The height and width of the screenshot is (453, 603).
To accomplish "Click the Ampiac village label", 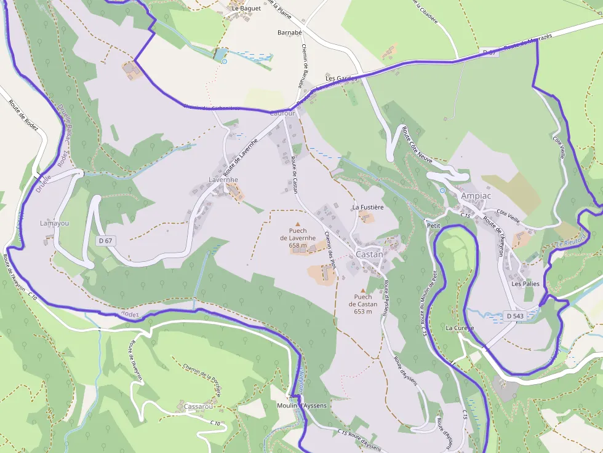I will pos(476,195).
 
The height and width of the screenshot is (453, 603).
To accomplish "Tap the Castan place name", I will pos(369,254).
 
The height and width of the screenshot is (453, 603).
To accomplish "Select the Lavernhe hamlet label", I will pos(223,179).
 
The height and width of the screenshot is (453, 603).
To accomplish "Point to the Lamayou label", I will pos(54,223).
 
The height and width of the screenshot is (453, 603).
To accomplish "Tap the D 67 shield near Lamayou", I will pos(105,240).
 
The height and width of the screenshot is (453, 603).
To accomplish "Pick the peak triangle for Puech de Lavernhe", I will pos(298,224).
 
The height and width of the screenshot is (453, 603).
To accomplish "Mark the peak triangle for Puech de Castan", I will pos(363,290).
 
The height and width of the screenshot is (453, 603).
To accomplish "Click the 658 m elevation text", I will pos(298,245).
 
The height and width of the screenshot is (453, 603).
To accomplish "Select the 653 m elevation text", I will pos(363,312).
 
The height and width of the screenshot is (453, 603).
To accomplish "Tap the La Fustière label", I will pos(368,207).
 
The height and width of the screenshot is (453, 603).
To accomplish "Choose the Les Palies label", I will pos(525,284).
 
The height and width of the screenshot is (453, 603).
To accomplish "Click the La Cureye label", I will pos(460,328).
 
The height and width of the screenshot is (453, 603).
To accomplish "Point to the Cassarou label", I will pos(198,407).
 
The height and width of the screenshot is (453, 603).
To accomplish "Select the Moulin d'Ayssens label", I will pos(301,406).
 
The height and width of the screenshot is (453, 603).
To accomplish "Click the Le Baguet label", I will pos(246,9).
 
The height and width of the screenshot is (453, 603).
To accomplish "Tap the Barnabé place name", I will pos(290,32).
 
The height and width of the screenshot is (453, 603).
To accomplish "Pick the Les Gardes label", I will pos(341,79).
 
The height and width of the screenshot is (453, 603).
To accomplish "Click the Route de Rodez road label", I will pos(24,114).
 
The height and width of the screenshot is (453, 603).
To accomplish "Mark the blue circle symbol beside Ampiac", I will pos(442,191).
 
